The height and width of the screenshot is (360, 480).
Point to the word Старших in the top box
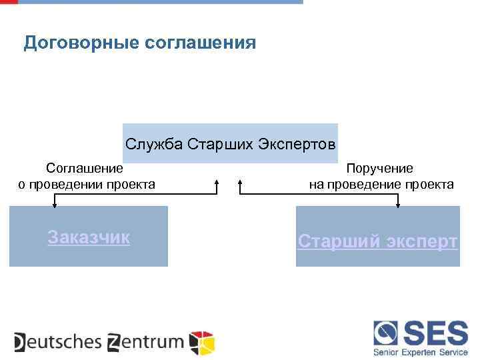[x=221, y=145]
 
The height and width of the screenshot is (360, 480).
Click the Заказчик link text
[x=89, y=237]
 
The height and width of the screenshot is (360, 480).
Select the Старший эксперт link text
[x=378, y=241]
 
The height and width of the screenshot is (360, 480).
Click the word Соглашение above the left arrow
[x=85, y=169]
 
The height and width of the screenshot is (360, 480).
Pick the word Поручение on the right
[x=379, y=169]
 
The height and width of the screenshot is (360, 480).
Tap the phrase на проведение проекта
[x=381, y=185]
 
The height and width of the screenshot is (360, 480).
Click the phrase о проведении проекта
[x=87, y=185]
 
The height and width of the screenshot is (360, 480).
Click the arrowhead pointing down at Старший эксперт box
[x=398, y=205]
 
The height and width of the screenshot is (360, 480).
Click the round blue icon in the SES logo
[x=386, y=332]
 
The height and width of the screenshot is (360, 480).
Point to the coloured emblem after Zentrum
[x=202, y=342]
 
